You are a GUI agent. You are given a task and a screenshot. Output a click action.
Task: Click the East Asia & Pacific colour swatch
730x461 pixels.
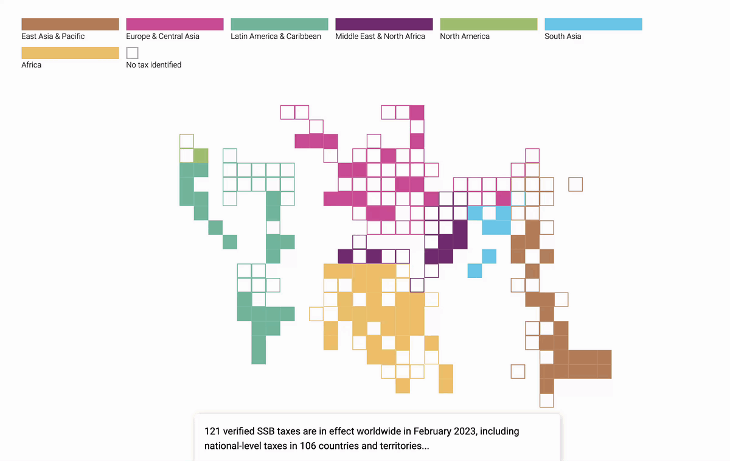point(70,24)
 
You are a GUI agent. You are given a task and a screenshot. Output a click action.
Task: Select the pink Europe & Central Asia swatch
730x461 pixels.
point(175,24)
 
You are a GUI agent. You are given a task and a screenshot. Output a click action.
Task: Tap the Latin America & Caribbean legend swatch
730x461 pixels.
point(279,24)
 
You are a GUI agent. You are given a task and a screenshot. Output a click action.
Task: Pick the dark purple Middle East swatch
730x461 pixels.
point(384,24)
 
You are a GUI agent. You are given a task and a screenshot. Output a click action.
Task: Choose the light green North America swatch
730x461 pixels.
point(488,24)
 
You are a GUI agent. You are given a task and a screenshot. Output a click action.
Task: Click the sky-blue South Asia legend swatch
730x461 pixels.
point(593,24)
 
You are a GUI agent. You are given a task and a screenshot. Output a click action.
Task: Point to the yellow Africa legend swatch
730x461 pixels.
point(70,53)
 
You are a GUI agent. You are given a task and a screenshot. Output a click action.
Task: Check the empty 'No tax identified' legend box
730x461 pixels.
point(132,53)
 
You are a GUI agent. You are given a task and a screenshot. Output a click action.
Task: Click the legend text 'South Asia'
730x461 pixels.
point(563,36)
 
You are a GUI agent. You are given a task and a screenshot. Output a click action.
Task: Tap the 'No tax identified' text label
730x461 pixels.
point(153,65)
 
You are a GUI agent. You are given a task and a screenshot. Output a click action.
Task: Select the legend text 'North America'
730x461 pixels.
point(465,36)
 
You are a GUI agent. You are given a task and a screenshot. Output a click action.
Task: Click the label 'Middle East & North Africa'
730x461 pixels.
point(380,36)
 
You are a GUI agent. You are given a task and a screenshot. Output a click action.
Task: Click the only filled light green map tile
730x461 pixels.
point(201,155)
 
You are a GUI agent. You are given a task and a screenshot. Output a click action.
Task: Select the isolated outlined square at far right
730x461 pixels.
point(575,184)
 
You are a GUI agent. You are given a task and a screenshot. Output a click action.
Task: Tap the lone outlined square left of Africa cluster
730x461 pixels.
point(316,314)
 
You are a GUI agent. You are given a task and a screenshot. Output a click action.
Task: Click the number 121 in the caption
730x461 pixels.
point(213,431)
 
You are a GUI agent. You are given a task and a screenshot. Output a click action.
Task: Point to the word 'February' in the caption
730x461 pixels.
point(435,431)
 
